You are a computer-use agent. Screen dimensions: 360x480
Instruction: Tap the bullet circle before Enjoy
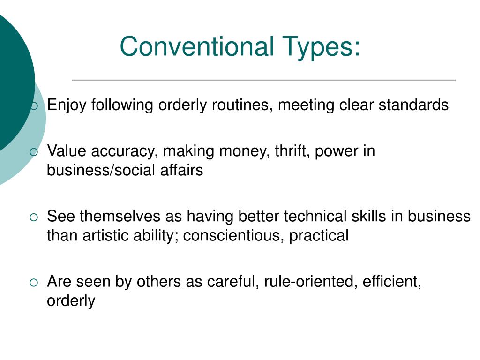[34, 105]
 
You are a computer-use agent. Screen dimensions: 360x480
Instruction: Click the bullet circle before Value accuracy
[34, 152]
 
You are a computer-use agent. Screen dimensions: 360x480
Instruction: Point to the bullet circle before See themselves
[34, 217]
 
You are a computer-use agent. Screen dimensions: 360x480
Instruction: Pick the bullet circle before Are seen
[34, 282]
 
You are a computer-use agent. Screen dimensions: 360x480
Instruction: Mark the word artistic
[105, 235]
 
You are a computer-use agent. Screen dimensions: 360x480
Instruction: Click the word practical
[319, 235]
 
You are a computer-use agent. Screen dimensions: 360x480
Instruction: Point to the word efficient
[392, 282]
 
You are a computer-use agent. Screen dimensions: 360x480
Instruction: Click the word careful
[232, 282]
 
